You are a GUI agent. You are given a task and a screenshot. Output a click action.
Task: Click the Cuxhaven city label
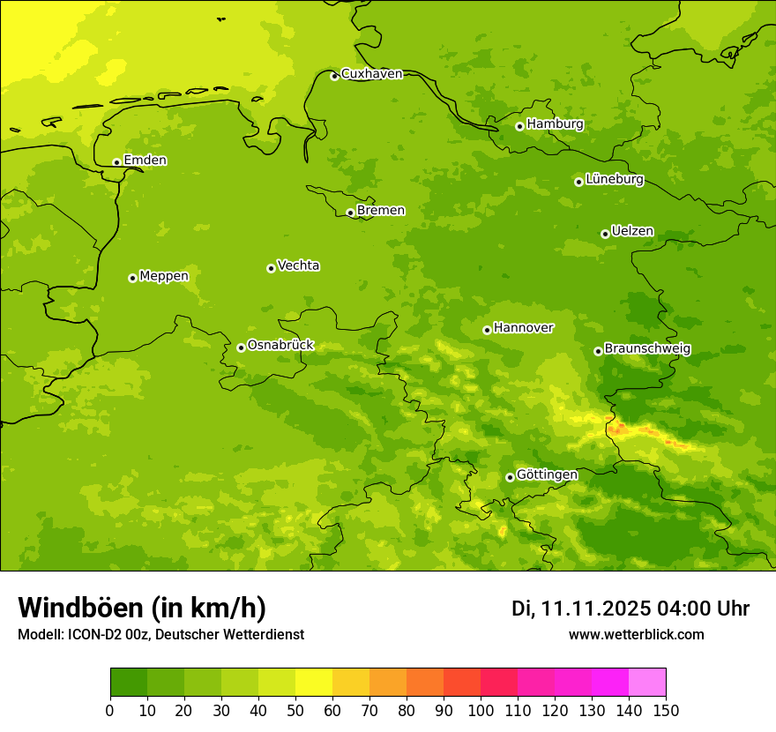[371, 74]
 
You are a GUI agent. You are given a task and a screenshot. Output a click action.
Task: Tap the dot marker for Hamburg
[519, 126]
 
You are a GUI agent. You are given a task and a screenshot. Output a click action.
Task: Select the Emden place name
[145, 161]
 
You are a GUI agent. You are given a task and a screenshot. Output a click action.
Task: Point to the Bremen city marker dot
[350, 213]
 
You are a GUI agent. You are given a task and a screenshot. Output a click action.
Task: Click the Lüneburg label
[614, 179]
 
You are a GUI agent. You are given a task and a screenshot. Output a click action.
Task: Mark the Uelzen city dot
[605, 234]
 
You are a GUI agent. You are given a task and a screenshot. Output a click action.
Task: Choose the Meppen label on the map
[163, 276]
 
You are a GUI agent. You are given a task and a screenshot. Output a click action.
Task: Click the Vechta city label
[298, 265]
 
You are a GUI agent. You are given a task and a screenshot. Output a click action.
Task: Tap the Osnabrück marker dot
[241, 347]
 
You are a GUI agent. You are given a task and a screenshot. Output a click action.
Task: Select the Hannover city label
[523, 328]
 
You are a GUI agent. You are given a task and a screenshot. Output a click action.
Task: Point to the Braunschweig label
[647, 349]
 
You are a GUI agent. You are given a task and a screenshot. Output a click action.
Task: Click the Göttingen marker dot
[510, 477]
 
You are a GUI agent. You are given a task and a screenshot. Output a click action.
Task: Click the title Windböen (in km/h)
[141, 608]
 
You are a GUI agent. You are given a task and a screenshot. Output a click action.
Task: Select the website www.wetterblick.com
[636, 634]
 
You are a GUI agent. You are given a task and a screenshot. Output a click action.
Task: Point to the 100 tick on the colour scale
[481, 710]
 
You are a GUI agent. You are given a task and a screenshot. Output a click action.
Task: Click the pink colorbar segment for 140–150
[647, 682]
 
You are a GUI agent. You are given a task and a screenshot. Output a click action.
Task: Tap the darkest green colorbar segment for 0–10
[129, 682]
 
